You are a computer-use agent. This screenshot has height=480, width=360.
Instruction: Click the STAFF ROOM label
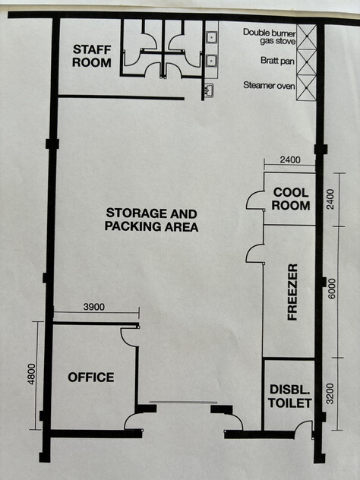point(92,56)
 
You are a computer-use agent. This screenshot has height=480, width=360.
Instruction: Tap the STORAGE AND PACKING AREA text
point(151,219)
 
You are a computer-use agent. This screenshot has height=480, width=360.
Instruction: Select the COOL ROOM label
point(291,199)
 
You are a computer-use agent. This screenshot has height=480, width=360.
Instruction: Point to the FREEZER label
point(292,292)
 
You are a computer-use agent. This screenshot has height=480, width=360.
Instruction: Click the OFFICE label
point(91,377)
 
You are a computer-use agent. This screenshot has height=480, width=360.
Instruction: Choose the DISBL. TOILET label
point(290,396)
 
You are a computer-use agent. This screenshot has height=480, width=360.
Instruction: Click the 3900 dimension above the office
point(94,307)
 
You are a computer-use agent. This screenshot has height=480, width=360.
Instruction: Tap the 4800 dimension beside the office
point(32,374)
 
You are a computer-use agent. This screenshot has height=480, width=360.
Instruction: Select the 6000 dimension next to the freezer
point(332,289)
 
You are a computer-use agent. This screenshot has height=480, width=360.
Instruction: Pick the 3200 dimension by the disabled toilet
point(330,393)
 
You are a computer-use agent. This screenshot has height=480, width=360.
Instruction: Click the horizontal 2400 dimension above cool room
point(290,159)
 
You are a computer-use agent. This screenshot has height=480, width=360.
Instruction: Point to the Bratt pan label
point(277,61)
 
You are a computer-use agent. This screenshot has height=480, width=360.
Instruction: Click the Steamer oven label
point(269,85)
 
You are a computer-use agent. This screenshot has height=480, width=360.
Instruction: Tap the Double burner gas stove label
point(270,36)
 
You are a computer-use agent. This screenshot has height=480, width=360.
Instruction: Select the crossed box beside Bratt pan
point(306,62)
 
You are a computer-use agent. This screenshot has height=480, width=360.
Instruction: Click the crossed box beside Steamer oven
point(306,87)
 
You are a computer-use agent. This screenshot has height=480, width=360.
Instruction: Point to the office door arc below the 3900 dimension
point(125,341)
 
